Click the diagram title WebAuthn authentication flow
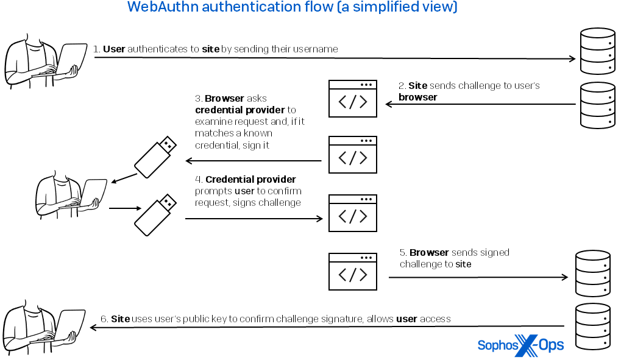click(x=292, y=8)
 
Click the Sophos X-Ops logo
click(x=520, y=345)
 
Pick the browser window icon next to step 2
click(x=353, y=99)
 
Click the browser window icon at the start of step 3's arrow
click(x=353, y=155)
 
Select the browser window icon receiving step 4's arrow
click(x=353, y=213)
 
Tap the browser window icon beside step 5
click(x=353, y=272)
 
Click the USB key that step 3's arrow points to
click(x=155, y=157)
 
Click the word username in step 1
click(x=316, y=49)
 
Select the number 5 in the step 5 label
click(x=403, y=252)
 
